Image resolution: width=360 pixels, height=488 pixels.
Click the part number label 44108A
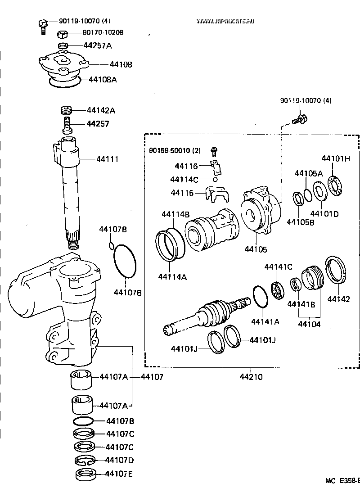tap(103, 80)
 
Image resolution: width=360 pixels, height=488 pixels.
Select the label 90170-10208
tap(103, 32)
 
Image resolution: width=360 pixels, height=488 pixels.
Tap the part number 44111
tap(107, 159)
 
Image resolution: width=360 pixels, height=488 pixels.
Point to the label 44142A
tap(101, 110)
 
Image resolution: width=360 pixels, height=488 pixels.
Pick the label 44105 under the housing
tap(256, 249)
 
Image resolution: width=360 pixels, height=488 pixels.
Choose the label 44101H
tap(336, 159)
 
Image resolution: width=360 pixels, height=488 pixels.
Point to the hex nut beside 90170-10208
tap(63, 34)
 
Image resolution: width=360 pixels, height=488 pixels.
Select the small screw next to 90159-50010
tap(215, 150)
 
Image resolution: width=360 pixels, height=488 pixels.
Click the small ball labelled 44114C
tap(215, 179)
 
